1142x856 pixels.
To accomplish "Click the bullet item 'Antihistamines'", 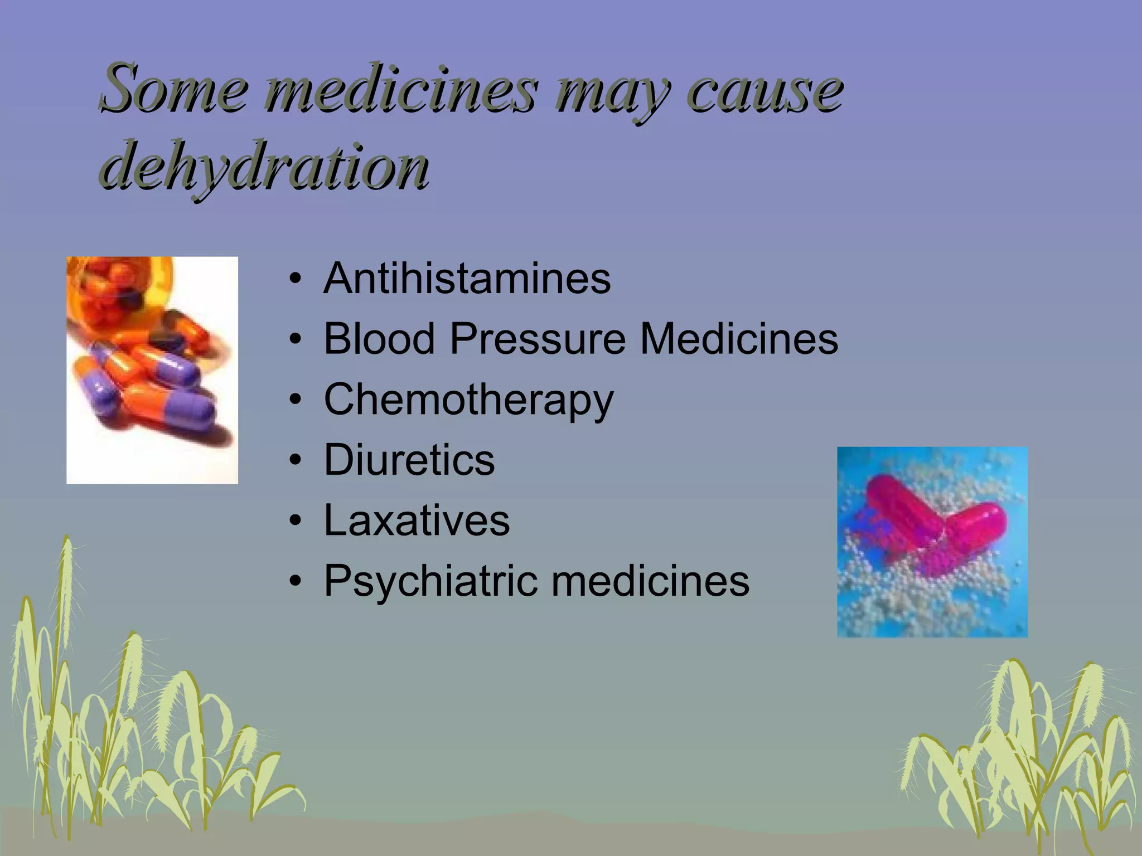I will (467, 278).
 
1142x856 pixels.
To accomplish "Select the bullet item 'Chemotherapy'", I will (468, 400).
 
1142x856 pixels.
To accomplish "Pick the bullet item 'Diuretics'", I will (409, 460).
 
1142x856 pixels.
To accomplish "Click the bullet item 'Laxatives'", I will (417, 520).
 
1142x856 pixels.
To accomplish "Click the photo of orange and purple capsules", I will (152, 370).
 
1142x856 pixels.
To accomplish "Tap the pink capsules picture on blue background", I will (932, 542).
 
